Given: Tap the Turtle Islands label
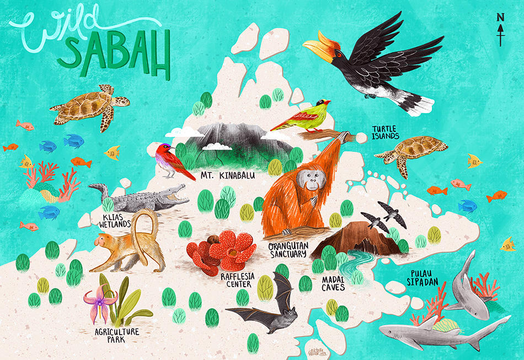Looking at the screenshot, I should (x=386, y=133).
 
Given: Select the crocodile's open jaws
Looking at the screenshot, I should (x=175, y=194).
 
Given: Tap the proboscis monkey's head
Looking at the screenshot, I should (x=103, y=240).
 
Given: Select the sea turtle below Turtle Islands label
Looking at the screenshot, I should (x=411, y=149).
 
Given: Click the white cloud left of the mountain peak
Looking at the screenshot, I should (x=184, y=132).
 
